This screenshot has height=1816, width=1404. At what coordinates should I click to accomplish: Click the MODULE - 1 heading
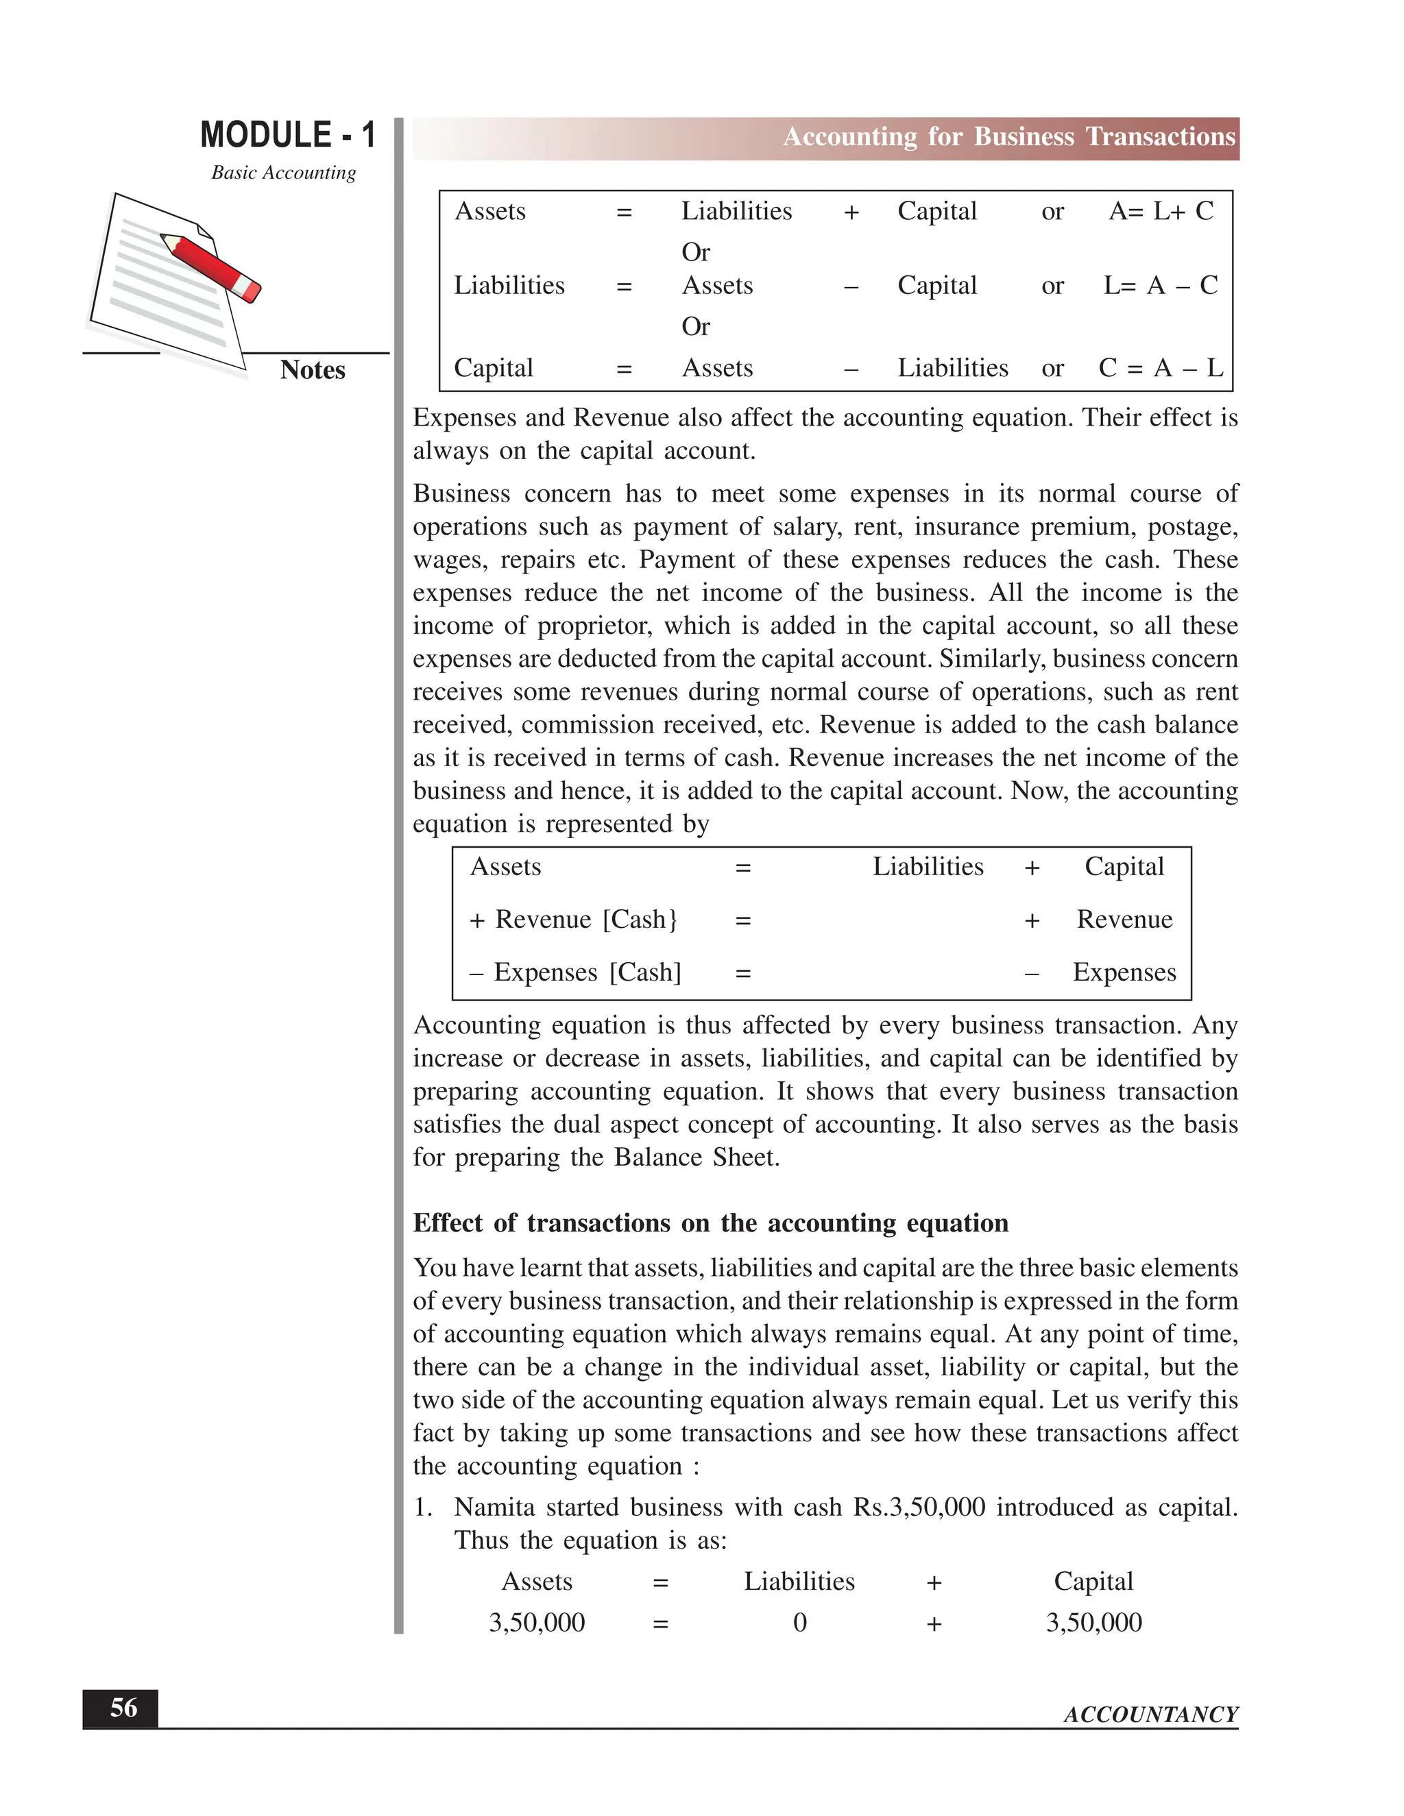pyautogui.click(x=288, y=135)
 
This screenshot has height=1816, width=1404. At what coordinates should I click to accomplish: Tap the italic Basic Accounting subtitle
pyautogui.click(x=284, y=172)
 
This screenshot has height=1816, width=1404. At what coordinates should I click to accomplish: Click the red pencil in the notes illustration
pyautogui.click(x=212, y=267)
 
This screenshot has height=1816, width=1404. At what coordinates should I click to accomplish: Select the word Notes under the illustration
pyautogui.click(x=313, y=370)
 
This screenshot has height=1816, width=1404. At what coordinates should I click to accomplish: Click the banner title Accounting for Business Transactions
pyautogui.click(x=1009, y=137)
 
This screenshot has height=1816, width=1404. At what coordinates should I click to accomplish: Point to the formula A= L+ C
pyautogui.click(x=1161, y=211)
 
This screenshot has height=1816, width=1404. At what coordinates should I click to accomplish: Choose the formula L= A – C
pyautogui.click(x=1161, y=286)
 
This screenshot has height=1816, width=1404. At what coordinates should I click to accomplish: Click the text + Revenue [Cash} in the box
pyautogui.click(x=574, y=920)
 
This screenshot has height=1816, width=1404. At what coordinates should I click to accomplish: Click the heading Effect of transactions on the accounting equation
pyautogui.click(x=710, y=1223)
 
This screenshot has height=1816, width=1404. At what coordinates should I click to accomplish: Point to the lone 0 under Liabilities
pyautogui.click(x=799, y=1622)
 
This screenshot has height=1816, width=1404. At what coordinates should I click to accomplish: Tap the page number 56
pyautogui.click(x=123, y=1708)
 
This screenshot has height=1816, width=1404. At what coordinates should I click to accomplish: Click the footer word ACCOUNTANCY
pyautogui.click(x=1150, y=1715)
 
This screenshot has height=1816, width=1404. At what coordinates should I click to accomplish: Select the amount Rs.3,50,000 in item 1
pyautogui.click(x=919, y=1508)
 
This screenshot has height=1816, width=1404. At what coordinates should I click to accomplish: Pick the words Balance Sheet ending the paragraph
pyautogui.click(x=697, y=1157)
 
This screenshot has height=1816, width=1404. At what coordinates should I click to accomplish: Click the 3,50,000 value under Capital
pyautogui.click(x=1093, y=1622)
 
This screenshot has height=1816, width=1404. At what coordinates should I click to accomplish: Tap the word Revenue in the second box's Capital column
pyautogui.click(x=1124, y=920)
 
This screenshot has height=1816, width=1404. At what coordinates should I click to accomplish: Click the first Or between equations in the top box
pyautogui.click(x=695, y=252)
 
